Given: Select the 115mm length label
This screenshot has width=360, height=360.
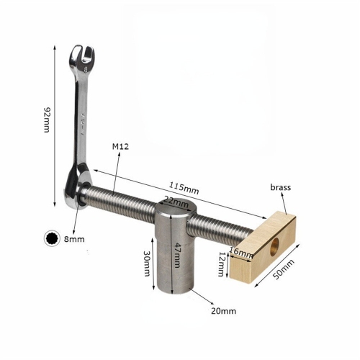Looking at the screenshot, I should point(184,189).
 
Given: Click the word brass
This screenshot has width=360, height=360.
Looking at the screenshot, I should point(281,187).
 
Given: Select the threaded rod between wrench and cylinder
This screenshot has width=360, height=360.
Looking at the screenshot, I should point(119,196).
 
